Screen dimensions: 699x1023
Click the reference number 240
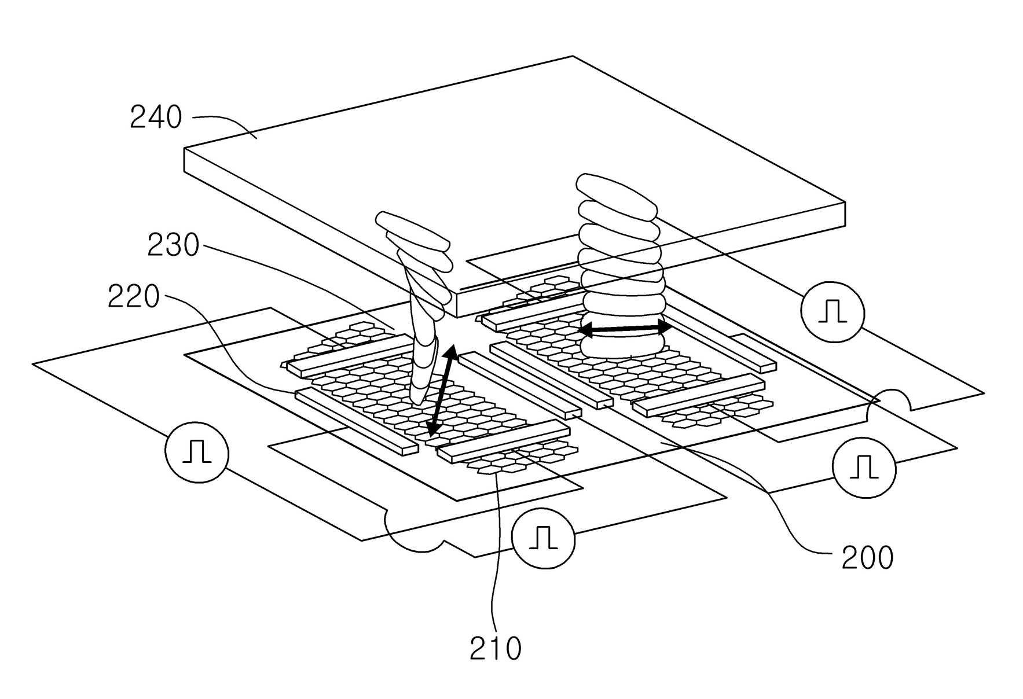point(156,117)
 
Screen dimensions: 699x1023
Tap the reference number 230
point(173,245)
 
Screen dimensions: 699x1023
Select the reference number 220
point(134,297)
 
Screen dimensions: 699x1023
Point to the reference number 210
point(495,649)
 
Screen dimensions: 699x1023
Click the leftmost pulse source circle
point(196,451)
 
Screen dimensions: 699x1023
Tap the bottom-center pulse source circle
point(544,538)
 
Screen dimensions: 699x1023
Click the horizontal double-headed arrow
point(625,329)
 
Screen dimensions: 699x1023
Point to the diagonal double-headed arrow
point(441,391)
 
